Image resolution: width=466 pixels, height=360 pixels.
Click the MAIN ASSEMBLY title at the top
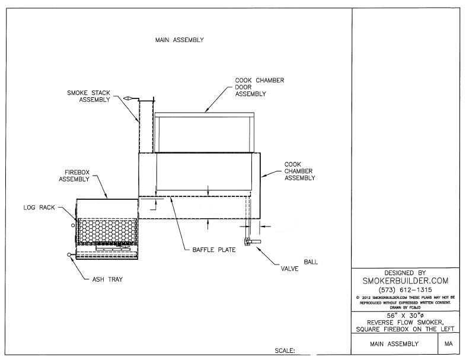179,40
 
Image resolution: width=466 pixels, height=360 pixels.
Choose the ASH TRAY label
107,279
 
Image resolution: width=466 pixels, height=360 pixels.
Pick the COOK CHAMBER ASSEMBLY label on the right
299,171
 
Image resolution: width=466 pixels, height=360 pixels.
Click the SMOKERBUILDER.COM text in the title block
405,281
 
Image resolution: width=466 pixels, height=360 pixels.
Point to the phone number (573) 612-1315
405,290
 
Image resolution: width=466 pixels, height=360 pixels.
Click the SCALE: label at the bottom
285,351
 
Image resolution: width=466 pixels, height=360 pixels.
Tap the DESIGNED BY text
405,272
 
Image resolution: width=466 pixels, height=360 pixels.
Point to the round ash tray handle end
70,255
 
